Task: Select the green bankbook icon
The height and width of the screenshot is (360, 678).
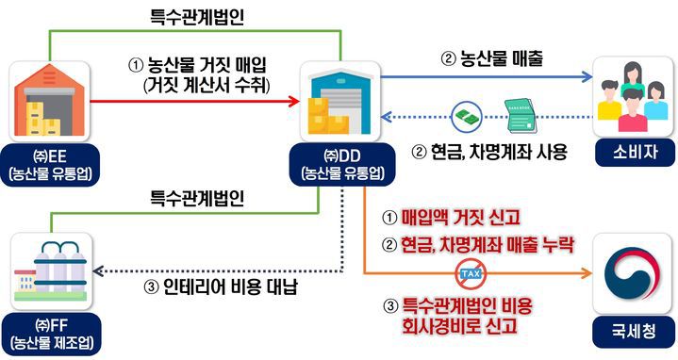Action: pos(520,113)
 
